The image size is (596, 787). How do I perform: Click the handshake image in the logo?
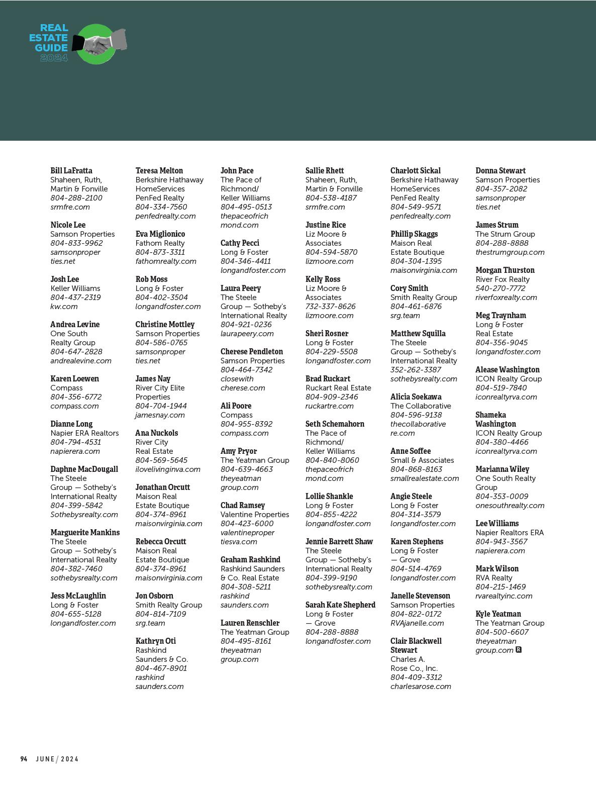[x=99, y=43]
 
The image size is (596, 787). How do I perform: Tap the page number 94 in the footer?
[x=24, y=759]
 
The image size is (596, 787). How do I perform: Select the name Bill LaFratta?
[x=71, y=170]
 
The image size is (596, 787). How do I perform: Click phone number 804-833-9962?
[x=76, y=243]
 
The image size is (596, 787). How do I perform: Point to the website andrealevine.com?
[x=81, y=360]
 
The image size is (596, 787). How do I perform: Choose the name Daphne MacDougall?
[x=84, y=469]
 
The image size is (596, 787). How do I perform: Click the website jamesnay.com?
[x=160, y=415]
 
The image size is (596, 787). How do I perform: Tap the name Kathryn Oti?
[x=156, y=641]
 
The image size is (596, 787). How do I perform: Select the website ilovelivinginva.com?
[x=168, y=469]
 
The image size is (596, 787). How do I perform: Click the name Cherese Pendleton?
[x=252, y=351]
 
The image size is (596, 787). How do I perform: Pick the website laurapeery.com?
[x=247, y=333]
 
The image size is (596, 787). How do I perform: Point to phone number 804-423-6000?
[x=247, y=523]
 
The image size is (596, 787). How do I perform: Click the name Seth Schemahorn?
[x=335, y=424]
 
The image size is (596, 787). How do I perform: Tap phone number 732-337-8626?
[x=331, y=306]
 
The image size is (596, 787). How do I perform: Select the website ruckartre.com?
[x=330, y=406]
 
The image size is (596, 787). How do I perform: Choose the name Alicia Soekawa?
[x=416, y=397]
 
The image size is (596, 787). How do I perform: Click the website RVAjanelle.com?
[x=417, y=623]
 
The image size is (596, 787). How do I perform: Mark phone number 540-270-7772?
[x=501, y=288]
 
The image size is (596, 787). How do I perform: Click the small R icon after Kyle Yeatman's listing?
[x=519, y=650]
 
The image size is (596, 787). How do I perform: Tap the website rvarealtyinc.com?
[x=504, y=596]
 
